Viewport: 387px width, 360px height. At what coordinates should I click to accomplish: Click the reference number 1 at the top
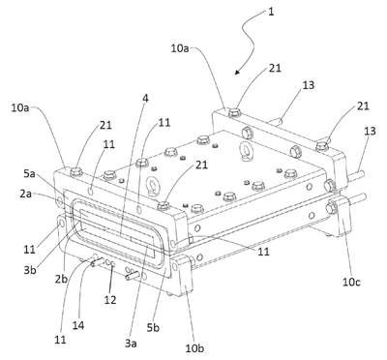[x=271, y=12]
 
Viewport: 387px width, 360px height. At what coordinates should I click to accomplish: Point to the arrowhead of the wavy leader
[x=237, y=72]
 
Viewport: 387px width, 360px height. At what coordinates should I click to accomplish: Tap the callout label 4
[x=145, y=99]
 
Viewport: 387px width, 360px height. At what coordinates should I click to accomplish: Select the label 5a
[x=29, y=174]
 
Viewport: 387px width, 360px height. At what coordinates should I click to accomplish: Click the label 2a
[x=25, y=194]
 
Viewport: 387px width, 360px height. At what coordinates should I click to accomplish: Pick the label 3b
[x=30, y=270]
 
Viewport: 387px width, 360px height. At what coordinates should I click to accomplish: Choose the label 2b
[x=61, y=279]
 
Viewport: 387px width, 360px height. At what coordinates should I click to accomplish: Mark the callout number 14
[x=78, y=325]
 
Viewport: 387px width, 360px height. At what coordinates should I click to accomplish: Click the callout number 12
[x=110, y=300]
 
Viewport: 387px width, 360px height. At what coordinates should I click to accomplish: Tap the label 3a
[x=131, y=344]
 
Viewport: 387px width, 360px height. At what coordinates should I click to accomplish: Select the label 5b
[x=153, y=328]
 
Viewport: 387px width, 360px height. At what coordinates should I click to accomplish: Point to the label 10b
[x=194, y=348]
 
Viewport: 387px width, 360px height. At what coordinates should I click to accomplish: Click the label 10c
[x=351, y=282]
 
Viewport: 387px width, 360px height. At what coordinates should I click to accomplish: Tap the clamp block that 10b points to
[x=183, y=276]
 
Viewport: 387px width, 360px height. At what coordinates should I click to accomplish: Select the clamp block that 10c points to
[x=342, y=215]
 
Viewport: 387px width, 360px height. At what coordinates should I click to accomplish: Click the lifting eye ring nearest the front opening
[x=151, y=185]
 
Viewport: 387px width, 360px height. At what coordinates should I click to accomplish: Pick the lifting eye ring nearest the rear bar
[x=244, y=149]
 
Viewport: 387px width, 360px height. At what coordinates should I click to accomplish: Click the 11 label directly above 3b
[x=30, y=250]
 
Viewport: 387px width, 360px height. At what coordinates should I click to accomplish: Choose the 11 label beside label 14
[x=60, y=340]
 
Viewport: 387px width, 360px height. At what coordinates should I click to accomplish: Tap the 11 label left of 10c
[x=263, y=252]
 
